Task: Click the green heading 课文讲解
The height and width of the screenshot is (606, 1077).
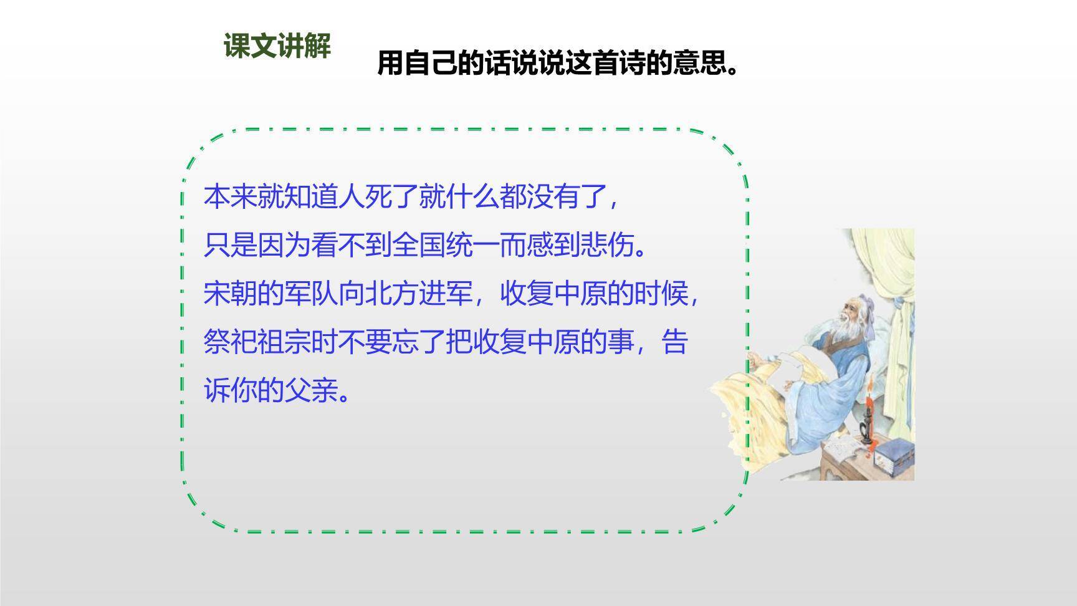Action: click(x=277, y=46)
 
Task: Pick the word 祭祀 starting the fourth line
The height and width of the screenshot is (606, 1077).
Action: click(x=231, y=342)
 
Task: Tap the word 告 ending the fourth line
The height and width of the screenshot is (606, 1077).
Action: click(x=674, y=342)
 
